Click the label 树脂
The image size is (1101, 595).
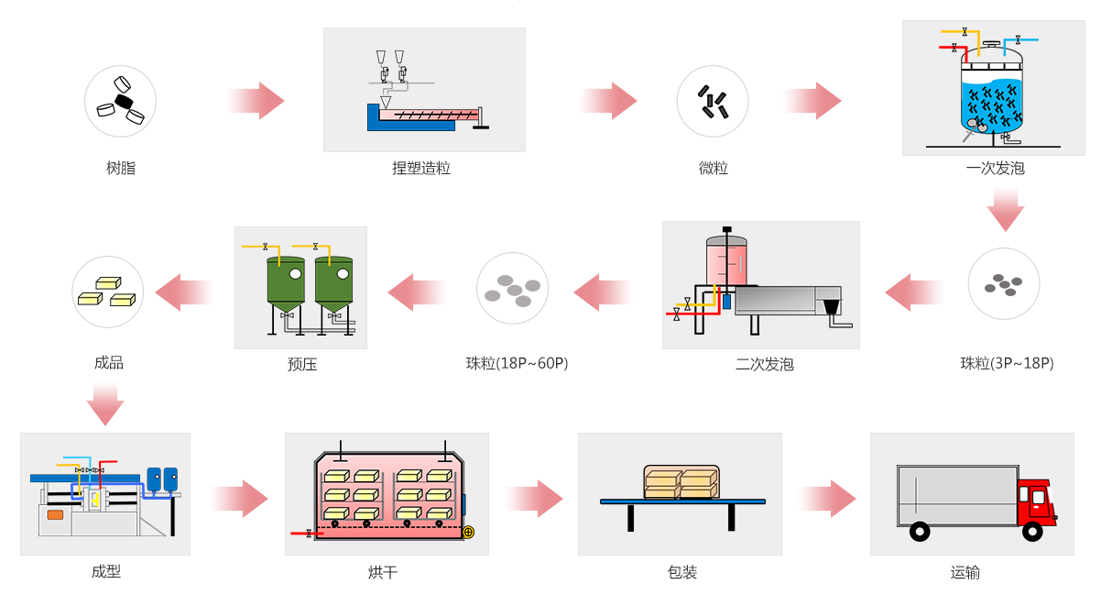tap(121, 169)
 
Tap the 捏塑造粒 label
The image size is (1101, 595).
tap(421, 169)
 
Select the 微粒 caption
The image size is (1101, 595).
tap(713, 169)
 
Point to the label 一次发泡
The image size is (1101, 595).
tap(995, 169)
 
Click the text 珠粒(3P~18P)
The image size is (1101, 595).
tap(1007, 363)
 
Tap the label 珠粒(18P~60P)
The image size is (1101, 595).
tap(517, 363)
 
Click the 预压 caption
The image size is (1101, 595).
tap(301, 364)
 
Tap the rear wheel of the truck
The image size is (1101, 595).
tap(919, 532)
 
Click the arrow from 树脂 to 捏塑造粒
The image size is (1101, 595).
tap(256, 101)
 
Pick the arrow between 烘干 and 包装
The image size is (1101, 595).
tap(536, 499)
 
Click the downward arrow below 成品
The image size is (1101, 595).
tap(105, 404)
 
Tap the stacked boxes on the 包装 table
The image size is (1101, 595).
tap(681, 482)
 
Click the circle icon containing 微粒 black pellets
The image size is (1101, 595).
tap(713, 101)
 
